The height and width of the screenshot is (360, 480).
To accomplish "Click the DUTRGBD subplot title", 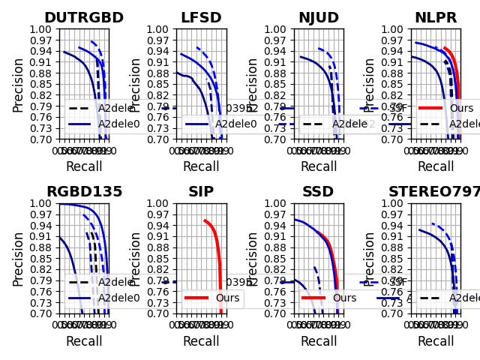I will (84, 18).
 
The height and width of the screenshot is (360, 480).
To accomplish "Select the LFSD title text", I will (201, 18).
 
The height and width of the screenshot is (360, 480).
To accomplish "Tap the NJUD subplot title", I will (318, 18).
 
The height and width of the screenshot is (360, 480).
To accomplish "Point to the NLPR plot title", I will (436, 18).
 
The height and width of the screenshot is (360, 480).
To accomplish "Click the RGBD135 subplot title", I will (84, 192).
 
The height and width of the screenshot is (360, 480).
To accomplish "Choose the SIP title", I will (201, 192).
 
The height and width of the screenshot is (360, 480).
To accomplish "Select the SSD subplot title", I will (318, 192).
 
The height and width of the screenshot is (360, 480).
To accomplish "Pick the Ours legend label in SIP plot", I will (227, 298).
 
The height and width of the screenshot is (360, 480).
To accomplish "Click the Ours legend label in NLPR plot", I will (461, 108).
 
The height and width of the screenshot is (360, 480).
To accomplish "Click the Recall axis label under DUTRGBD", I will (84, 166).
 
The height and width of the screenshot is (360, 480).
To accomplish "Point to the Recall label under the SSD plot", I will (318, 341).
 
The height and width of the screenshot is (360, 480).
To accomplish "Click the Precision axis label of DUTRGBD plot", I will (18, 84).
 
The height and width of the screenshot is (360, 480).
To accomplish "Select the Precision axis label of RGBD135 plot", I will (18, 258).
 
